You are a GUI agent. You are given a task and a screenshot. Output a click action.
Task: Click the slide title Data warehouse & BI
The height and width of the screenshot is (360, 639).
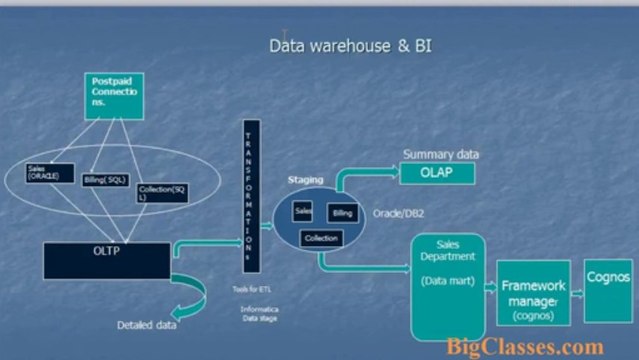[x=350, y=46]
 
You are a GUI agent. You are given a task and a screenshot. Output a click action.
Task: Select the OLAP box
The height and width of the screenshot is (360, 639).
[x=437, y=175]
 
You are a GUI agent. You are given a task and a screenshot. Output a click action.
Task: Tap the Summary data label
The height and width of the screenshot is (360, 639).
[x=440, y=155]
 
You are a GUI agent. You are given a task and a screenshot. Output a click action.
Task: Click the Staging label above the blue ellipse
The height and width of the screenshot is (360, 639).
[x=306, y=180]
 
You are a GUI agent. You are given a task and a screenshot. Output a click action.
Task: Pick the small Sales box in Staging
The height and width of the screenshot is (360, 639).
[x=303, y=211]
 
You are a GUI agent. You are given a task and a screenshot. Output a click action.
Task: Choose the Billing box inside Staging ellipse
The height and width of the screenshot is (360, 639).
[x=342, y=214]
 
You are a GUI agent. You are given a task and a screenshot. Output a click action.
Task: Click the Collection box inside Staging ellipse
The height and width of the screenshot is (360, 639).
[x=320, y=238]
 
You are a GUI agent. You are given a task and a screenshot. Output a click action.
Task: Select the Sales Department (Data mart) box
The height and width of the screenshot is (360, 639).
[x=447, y=285]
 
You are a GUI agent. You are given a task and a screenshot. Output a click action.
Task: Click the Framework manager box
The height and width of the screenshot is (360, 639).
[x=533, y=293]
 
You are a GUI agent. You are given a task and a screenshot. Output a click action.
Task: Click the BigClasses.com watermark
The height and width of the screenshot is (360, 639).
[x=525, y=346]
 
